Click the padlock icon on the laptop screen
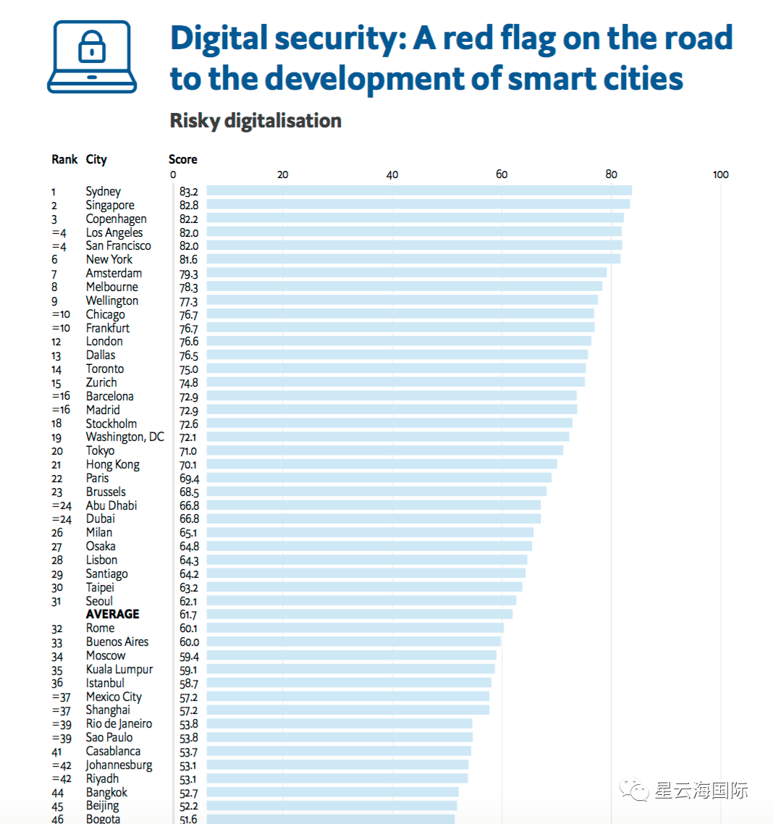tap(92, 48)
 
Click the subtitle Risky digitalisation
tap(255, 120)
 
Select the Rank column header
tap(64, 159)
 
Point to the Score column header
tap(182, 159)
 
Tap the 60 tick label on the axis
tap(502, 175)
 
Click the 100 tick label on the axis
tap(720, 175)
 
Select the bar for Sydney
tap(419, 191)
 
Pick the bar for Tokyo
tap(384, 450)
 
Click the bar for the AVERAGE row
tap(359, 614)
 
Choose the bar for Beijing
tap(331, 806)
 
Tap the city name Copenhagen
tap(116, 219)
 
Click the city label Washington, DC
tap(124, 437)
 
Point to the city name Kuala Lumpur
tap(119, 670)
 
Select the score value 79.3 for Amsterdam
tap(188, 274)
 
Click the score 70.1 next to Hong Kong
tap(188, 465)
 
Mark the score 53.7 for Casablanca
tap(188, 752)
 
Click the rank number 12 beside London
tap(56, 342)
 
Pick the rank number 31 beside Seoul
tap(56, 602)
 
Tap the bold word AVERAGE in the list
tap(112, 614)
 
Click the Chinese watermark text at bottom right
tap(701, 790)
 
